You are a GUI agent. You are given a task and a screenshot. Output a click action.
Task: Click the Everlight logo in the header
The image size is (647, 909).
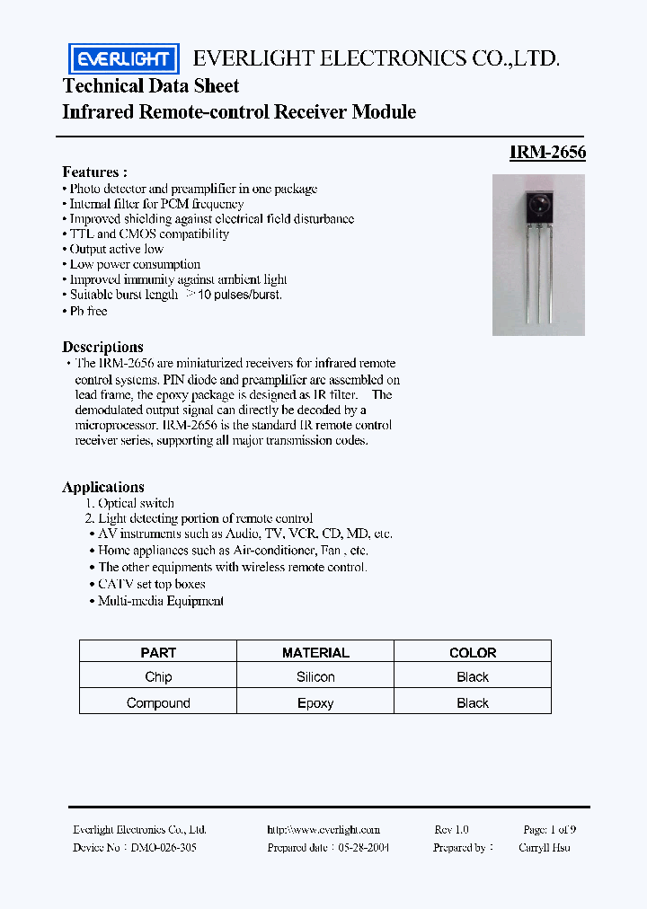124,59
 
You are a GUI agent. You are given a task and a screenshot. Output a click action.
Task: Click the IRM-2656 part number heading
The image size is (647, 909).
547,153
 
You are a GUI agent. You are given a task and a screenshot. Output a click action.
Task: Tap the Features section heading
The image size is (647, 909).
94,172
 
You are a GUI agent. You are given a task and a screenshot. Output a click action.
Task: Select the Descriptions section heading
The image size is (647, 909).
102,347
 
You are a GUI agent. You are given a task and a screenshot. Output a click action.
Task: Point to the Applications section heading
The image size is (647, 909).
103,487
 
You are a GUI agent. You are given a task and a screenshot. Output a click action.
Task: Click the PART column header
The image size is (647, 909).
158,653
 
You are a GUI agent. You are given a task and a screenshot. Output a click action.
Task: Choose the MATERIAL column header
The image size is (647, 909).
315,653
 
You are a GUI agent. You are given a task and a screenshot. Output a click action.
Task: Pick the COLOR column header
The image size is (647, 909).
473,653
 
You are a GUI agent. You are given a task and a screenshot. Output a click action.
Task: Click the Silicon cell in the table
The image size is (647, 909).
315,677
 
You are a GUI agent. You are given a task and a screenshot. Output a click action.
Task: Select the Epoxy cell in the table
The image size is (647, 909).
315,703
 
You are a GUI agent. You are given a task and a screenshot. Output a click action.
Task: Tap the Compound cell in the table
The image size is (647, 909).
158,703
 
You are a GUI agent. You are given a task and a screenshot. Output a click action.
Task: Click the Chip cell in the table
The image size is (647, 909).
158,677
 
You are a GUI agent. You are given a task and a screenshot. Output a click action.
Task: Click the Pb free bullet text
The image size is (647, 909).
88,311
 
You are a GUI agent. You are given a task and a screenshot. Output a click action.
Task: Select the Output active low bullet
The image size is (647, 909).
116,249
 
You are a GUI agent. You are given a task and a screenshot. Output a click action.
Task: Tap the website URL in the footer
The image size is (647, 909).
323,830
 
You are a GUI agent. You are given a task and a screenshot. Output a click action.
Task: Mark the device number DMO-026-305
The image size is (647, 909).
164,847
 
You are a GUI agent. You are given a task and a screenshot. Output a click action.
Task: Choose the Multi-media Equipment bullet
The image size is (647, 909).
160,601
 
